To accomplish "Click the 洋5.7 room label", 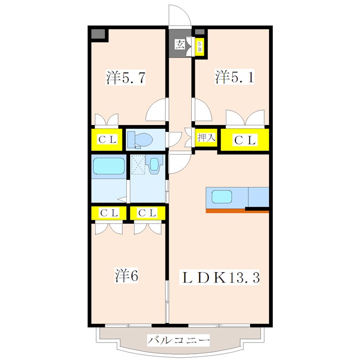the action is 126,77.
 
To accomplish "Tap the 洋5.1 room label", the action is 234,77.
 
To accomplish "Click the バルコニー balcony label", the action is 178,340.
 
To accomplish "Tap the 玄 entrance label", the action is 180,44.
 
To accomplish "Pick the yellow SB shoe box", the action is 199,47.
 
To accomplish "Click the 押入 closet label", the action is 207,138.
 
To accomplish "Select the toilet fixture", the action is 140,139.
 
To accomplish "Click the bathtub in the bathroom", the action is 109,166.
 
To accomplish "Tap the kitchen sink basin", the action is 221,197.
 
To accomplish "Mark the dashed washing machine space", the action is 138,165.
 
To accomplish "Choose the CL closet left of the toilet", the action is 107,139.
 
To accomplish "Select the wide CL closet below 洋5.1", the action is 245,140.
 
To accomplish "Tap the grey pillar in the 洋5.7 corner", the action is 98,34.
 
